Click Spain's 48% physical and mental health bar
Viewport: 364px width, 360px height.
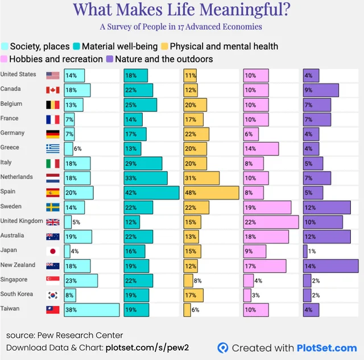(211, 193)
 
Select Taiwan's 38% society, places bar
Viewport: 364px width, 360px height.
(92, 310)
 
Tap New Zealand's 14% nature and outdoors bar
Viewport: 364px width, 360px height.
(331, 266)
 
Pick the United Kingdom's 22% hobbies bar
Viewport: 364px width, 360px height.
(271, 222)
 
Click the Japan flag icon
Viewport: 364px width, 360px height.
(53, 251)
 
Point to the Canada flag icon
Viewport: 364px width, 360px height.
(53, 90)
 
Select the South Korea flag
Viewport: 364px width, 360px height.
(53, 295)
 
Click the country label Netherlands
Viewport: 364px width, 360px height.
(16, 177)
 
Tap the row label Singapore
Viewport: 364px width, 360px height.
(14, 279)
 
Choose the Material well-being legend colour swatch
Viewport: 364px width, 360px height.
(76, 46)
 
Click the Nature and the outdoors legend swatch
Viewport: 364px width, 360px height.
(110, 59)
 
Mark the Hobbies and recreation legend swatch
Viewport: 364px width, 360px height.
(4, 59)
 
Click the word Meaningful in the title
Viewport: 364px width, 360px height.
(245, 10)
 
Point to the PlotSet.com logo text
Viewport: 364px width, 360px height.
(327, 348)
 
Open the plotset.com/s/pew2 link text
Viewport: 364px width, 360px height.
(147, 347)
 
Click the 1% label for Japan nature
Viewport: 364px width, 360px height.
(312, 251)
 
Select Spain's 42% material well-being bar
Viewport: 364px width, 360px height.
(151, 193)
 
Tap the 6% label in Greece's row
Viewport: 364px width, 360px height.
(77, 148)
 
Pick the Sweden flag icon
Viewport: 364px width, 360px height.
(53, 207)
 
